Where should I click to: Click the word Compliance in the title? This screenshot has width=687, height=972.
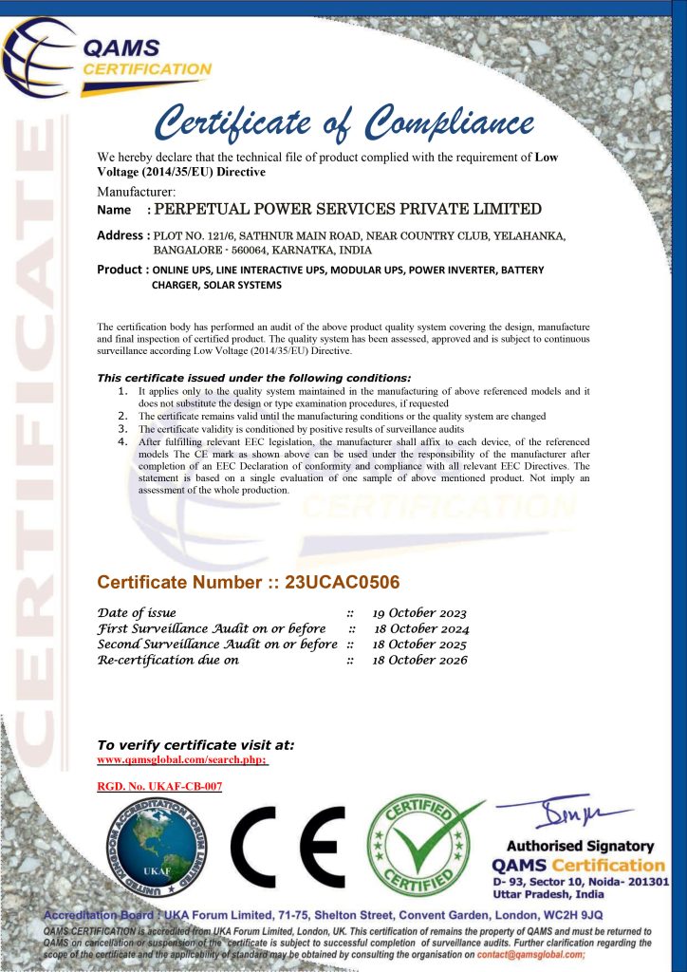[x=451, y=123]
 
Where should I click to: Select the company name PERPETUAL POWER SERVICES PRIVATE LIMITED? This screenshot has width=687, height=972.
[x=347, y=209]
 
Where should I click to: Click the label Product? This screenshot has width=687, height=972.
[x=120, y=270]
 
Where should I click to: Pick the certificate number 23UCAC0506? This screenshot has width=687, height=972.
[x=343, y=582]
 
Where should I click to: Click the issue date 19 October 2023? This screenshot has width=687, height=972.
[x=419, y=613]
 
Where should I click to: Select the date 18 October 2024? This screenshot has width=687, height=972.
[x=421, y=628]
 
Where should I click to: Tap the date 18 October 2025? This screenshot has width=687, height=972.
[x=419, y=645]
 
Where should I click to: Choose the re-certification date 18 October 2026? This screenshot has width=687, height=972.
[x=419, y=661]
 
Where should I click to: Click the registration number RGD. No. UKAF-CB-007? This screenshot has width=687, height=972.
[x=159, y=787]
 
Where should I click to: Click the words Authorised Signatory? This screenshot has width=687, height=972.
[x=581, y=846]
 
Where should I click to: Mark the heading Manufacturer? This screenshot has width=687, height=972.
[x=137, y=192]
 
